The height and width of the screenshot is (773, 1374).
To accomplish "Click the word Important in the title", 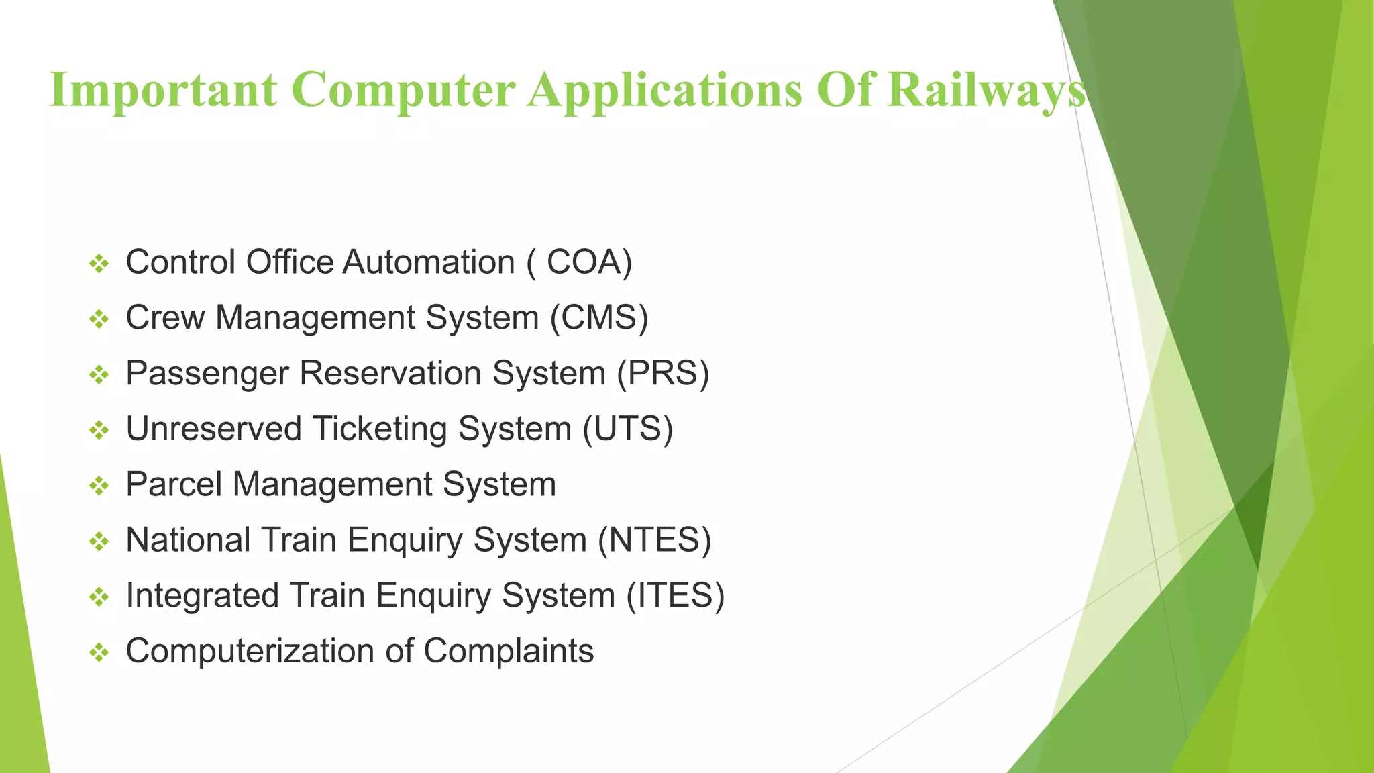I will pos(163,90).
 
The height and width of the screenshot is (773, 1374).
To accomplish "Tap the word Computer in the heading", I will pos(403,90).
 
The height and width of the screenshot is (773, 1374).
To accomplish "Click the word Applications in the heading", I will pos(664,90).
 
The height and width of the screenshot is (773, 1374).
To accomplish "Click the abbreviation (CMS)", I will pos(599,318).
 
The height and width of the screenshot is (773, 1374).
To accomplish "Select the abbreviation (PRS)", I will pos(663,374).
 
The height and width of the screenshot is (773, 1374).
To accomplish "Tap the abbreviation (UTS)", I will pos(627,429).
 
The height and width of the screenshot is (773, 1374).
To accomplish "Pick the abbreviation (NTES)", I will pos(654,540).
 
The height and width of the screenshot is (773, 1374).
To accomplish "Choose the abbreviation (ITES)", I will pos(675,596).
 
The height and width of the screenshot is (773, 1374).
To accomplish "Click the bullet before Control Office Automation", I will pos(99,264).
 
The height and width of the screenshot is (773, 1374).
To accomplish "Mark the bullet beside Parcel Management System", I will pos(99,486).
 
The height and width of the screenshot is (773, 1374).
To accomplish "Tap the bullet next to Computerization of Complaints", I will pos(99,652).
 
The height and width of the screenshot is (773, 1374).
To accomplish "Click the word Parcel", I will pos(174,484).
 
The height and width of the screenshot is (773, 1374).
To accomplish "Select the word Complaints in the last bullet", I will pos(509,652).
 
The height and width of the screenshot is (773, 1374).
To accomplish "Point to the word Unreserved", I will pos(213,429).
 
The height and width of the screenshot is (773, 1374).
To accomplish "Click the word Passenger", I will pos(207,374).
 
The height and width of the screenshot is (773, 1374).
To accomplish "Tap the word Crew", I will pos(165,318).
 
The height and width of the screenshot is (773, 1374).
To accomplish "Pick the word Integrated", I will pos(202,596).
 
